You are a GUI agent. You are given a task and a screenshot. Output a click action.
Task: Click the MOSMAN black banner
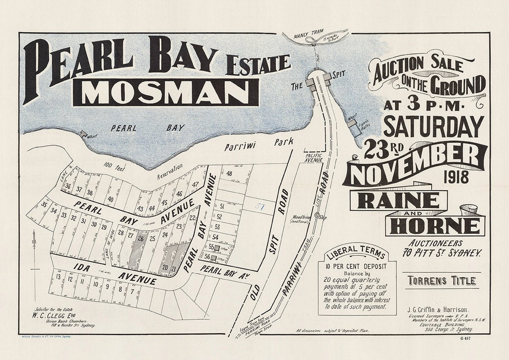tap(165, 92)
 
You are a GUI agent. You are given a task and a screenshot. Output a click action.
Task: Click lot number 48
tap(229, 173)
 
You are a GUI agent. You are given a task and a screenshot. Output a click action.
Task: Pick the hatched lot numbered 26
tap(140, 239)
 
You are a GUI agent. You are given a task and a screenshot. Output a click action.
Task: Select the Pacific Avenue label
tap(313, 158)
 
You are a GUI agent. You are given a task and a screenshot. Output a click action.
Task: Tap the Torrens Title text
tap(442, 281)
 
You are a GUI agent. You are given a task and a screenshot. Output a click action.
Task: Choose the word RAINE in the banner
tap(398, 201)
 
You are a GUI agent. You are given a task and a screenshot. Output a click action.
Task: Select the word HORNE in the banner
tap(435, 226)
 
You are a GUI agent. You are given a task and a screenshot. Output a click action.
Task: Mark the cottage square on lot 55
tap(216, 247)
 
